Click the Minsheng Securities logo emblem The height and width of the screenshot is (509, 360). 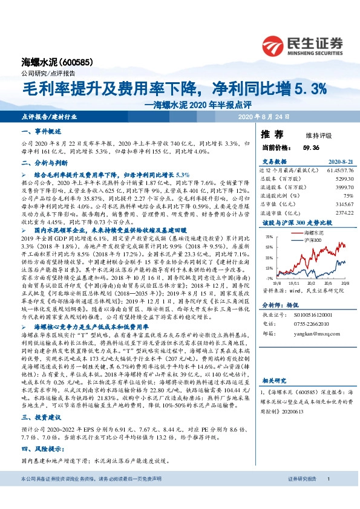click(276, 44)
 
